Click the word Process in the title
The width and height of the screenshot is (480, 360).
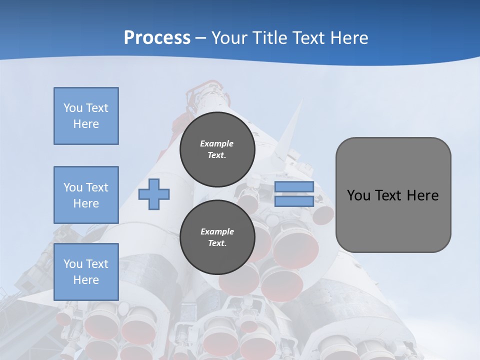click(157, 38)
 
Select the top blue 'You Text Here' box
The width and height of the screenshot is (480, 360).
click(86, 116)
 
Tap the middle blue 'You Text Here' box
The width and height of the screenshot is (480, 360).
click(86, 195)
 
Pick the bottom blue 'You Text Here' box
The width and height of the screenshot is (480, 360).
click(86, 272)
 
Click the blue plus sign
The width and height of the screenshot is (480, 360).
click(154, 194)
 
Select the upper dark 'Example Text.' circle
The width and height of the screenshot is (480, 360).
click(217, 149)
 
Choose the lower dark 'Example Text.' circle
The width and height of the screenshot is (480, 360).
click(217, 237)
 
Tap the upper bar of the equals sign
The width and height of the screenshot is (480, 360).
click(294, 186)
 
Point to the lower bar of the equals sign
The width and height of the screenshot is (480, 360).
click(294, 201)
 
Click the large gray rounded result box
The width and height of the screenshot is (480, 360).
click(393, 220)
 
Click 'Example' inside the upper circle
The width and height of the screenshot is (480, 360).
click(217, 143)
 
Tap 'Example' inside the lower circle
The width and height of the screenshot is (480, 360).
click(217, 231)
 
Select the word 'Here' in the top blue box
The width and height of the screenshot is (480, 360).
click(86, 124)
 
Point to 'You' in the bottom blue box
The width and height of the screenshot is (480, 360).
click(72, 264)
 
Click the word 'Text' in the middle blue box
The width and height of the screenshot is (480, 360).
click(96, 187)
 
